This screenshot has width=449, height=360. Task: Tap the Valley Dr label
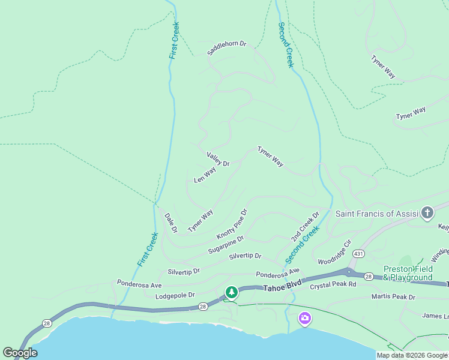(218, 159)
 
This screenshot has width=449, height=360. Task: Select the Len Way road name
(205, 175)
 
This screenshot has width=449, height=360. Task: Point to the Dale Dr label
(170, 223)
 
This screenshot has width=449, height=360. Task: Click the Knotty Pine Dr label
(232, 223)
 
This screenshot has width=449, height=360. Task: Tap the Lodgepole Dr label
(175, 295)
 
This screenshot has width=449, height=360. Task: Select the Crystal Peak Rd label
(333, 286)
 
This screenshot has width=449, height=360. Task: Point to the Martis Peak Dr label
(393, 296)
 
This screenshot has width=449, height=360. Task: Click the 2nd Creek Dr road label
(306, 227)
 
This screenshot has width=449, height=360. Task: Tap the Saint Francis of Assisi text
(376, 214)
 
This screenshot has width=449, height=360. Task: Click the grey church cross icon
(427, 212)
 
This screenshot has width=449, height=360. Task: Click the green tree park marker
(231, 292)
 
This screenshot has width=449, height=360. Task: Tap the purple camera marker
(305, 317)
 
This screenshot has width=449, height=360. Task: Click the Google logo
(20, 353)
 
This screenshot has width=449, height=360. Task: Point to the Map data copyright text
(412, 355)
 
